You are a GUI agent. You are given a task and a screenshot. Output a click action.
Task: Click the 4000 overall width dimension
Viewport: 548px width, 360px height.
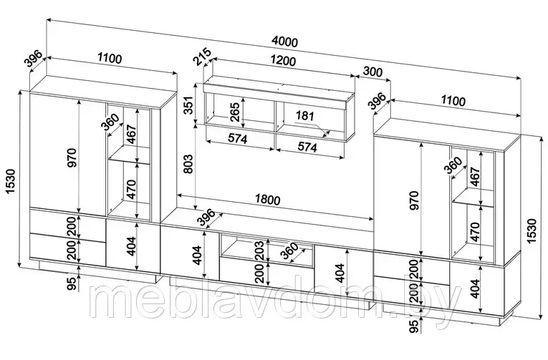point(284,42)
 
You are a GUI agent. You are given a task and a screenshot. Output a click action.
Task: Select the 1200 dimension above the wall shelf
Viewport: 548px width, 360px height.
point(282,61)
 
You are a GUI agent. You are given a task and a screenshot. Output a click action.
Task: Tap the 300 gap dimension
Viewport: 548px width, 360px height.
point(373,72)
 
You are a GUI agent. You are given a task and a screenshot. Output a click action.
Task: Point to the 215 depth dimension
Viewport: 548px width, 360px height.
point(202,57)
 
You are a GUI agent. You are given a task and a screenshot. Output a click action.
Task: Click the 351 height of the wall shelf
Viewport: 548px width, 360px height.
point(188,105)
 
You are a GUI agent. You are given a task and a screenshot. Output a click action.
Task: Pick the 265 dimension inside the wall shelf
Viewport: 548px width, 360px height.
point(235,112)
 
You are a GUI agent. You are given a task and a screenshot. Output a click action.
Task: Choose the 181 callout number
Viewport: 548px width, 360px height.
point(304,115)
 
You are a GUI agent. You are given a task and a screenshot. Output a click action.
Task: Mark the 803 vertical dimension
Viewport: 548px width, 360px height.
point(188,164)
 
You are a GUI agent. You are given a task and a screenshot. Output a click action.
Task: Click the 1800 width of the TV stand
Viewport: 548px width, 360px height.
point(267,200)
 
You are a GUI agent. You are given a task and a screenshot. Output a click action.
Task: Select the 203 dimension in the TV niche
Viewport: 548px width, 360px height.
point(259,250)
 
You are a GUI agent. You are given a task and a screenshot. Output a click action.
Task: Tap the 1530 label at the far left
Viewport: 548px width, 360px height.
point(11,183)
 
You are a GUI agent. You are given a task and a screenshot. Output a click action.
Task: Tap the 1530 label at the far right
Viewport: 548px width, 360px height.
point(532,231)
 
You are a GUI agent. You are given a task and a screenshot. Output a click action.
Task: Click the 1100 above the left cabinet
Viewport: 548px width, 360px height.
point(110,57)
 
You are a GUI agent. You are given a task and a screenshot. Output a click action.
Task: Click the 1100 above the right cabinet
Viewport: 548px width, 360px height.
point(453,101)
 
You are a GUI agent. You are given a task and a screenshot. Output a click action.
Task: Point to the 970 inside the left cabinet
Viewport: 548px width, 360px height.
point(72,157)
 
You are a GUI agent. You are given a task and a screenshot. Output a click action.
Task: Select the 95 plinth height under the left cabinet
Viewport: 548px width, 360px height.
point(72,283)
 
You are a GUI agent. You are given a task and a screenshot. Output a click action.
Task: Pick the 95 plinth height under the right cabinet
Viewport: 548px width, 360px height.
point(414,326)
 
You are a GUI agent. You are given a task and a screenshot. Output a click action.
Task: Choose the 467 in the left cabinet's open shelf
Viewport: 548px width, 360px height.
point(130,135)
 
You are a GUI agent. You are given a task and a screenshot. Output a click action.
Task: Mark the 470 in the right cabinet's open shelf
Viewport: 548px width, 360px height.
point(475,232)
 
